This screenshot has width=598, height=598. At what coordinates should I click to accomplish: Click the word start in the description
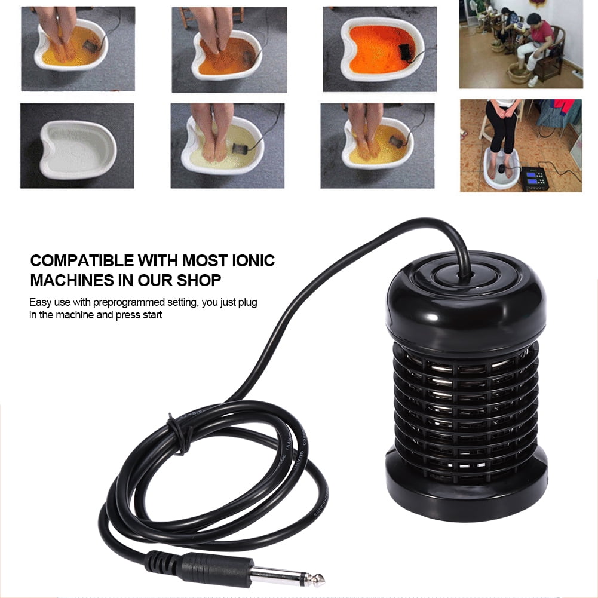[152, 315]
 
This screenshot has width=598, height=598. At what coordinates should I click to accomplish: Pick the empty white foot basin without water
[77, 145]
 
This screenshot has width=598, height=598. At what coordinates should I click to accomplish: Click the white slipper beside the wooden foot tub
[533, 80]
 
